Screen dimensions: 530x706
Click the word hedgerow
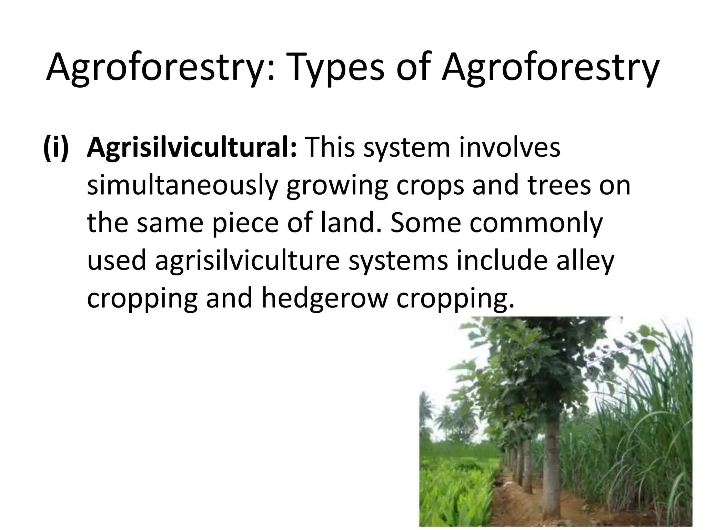(324, 299)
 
